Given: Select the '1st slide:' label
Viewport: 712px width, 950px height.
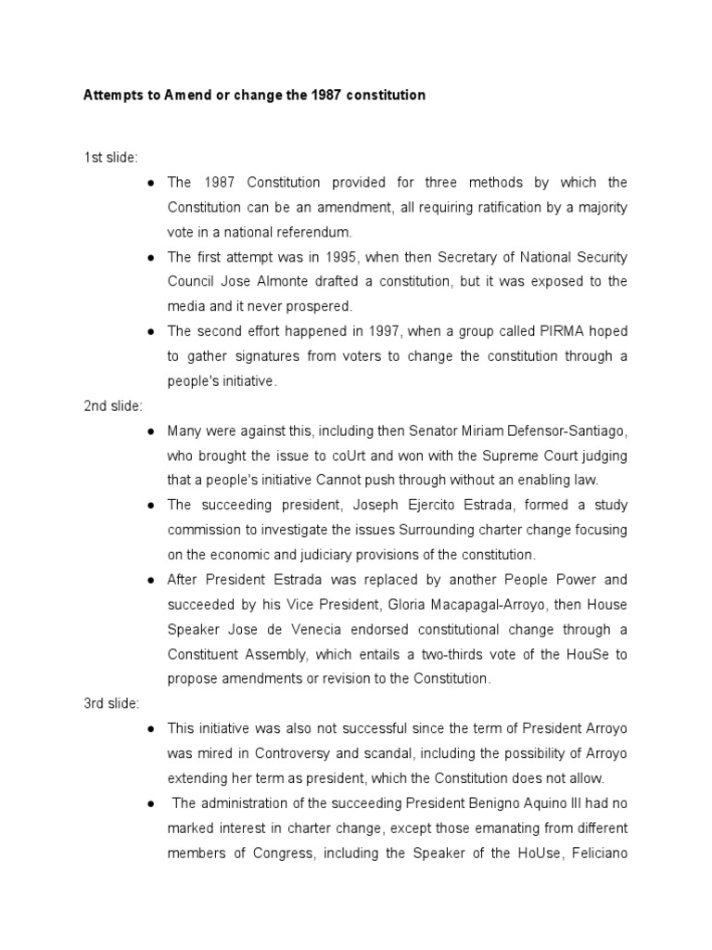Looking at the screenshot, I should pos(110,157).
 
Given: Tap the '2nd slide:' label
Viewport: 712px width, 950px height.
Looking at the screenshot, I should pos(112,405).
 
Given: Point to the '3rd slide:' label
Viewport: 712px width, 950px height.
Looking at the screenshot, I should pos(111,703).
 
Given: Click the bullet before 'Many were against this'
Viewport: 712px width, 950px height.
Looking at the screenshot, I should pos(150,430).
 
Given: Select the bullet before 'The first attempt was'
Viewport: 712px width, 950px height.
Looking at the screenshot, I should pos(150,256).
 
